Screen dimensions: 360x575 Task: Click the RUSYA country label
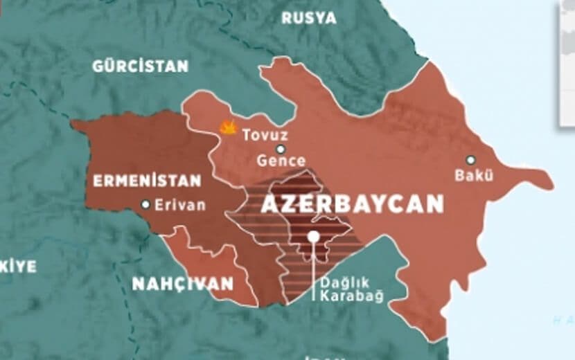click(x=308, y=18)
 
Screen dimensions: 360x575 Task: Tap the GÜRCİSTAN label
click(x=141, y=66)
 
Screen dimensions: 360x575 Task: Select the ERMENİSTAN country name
click(x=146, y=181)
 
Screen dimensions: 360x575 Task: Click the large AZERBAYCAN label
click(x=352, y=204)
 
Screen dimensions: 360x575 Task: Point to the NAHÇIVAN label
click(x=183, y=284)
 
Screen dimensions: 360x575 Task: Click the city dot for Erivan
click(x=145, y=204)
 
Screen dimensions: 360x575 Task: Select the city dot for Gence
click(x=281, y=149)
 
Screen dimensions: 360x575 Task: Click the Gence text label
click(x=281, y=161)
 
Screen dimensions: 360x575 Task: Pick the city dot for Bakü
click(x=471, y=160)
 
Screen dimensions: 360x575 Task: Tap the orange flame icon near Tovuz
click(x=227, y=127)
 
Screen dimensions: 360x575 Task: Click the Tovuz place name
click(x=265, y=135)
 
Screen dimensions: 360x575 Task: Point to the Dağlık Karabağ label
click(x=351, y=289)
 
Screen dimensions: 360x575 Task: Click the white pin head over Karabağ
click(x=313, y=237)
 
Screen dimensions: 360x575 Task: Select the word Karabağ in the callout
click(x=355, y=296)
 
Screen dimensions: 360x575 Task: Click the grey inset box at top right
click(x=567, y=62)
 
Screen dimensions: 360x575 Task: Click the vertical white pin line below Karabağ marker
click(x=313, y=273)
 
